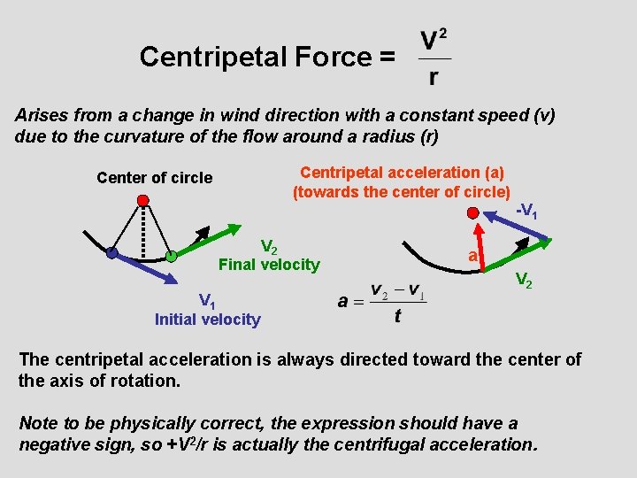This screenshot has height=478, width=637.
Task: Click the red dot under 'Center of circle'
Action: click(x=142, y=200)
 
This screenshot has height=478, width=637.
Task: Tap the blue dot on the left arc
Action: click(x=111, y=252)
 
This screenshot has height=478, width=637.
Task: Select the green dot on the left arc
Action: click(x=171, y=257)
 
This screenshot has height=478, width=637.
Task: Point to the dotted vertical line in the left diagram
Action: click(x=142, y=230)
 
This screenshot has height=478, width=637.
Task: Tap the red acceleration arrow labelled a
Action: click(x=483, y=240)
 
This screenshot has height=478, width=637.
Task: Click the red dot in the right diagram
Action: click(x=474, y=212)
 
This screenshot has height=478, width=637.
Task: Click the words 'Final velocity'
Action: click(x=269, y=264)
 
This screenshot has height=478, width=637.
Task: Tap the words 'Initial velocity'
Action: click(x=208, y=320)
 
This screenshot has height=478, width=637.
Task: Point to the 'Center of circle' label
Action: click(x=155, y=177)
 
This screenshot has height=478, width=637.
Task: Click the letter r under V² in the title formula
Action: click(x=433, y=78)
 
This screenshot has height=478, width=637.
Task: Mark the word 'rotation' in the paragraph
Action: click(x=147, y=381)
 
